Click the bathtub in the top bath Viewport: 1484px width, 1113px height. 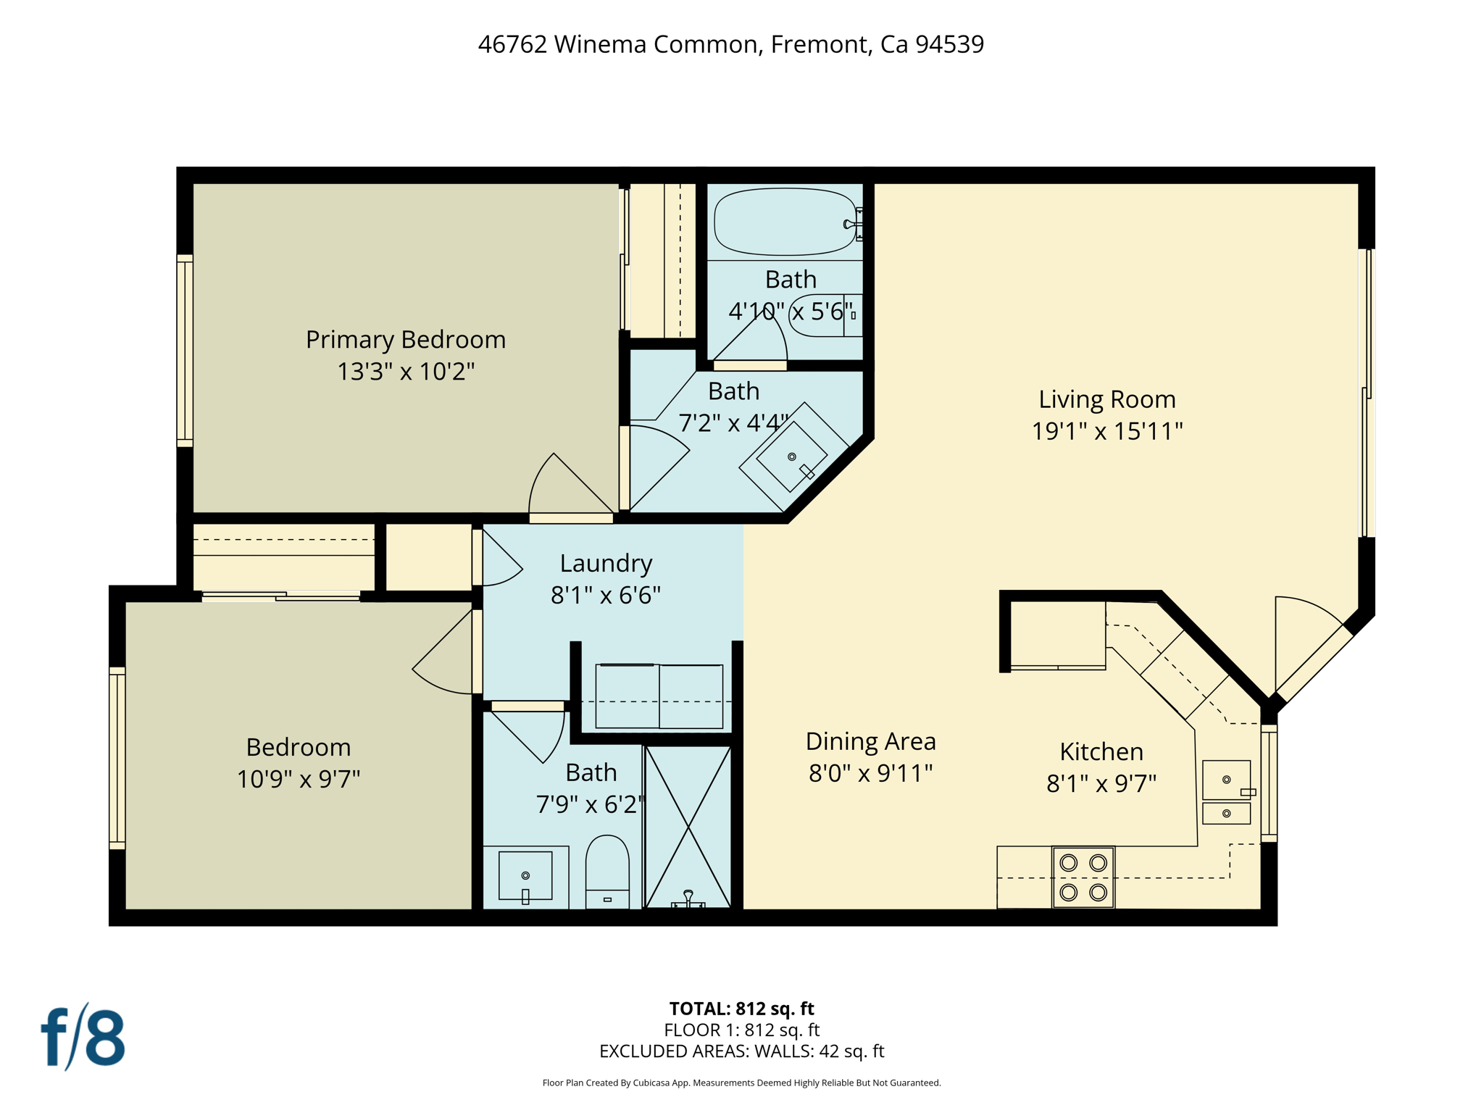point(785,222)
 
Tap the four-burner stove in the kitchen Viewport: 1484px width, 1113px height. point(1083,877)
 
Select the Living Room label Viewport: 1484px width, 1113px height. point(1106,399)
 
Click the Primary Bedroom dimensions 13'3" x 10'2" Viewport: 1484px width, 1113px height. point(406,372)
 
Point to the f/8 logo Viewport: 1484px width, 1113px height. point(83,1037)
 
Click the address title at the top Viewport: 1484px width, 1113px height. point(730,44)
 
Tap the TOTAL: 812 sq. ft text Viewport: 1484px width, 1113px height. point(741,1008)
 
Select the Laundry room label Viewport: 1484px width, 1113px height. point(606,563)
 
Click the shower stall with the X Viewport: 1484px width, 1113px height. point(688,827)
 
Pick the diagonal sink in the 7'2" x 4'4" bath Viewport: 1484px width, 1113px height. point(793,457)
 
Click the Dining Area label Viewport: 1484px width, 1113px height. point(870,741)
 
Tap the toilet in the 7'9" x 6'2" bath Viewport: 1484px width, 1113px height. point(606,872)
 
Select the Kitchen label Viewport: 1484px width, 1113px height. point(1101,751)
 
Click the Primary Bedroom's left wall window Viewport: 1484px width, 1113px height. point(185,351)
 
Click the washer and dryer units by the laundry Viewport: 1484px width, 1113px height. point(659,696)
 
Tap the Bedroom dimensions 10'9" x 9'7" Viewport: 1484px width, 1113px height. point(299,779)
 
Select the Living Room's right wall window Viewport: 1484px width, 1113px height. point(1367,393)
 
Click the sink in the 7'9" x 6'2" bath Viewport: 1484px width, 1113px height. point(525,876)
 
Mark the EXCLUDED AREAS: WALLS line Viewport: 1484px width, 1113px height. point(741,1051)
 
